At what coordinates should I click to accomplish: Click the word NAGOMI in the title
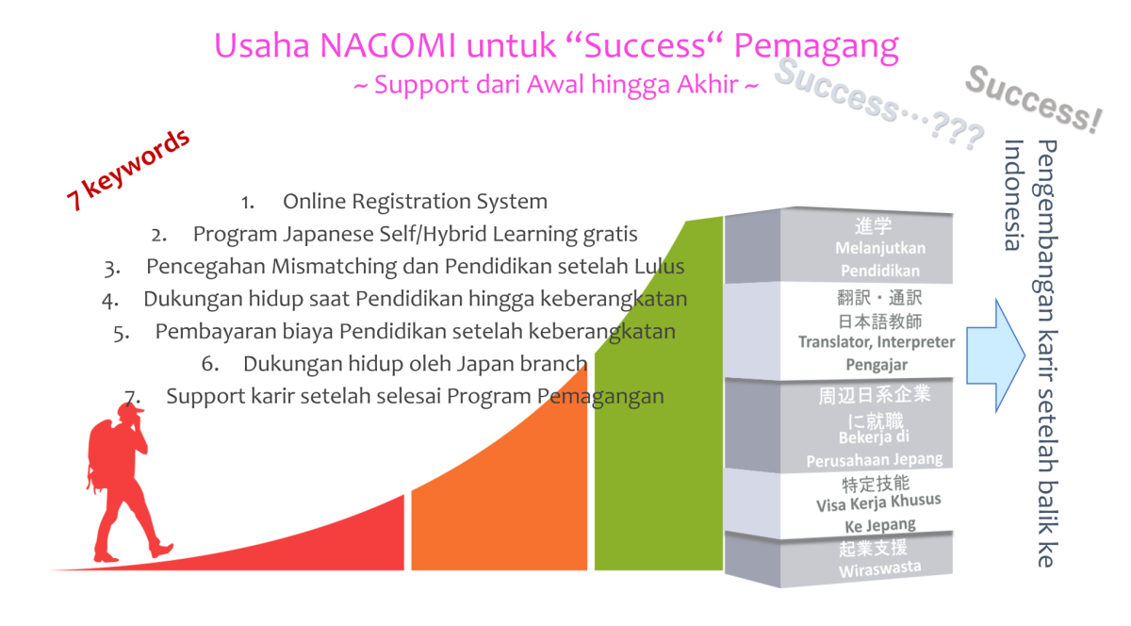coord(387,45)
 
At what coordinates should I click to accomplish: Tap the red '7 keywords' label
coord(128,170)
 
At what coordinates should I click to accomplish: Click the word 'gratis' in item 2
coord(611,235)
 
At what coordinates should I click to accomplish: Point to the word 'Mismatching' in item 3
coord(335,267)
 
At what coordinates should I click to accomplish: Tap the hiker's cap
coord(130,410)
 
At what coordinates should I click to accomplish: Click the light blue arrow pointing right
coord(995,355)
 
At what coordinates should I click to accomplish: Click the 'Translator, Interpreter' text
coord(877,342)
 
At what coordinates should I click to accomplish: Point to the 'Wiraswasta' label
coord(880,568)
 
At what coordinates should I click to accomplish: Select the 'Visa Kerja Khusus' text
coord(878,502)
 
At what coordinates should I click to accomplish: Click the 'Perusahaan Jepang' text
coord(875,460)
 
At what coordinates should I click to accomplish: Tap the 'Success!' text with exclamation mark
coord(1033,100)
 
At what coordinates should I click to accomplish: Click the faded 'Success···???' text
coord(879,104)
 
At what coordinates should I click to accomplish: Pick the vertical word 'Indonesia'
coord(1014,195)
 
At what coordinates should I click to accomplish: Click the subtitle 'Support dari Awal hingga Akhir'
coord(556,84)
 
